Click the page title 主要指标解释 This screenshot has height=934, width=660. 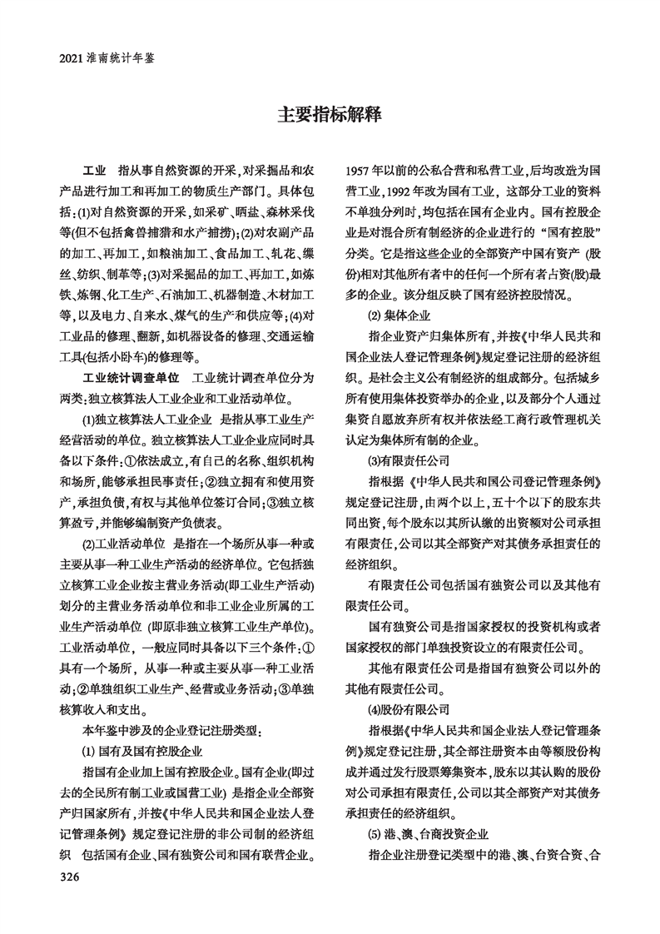coord(330,115)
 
